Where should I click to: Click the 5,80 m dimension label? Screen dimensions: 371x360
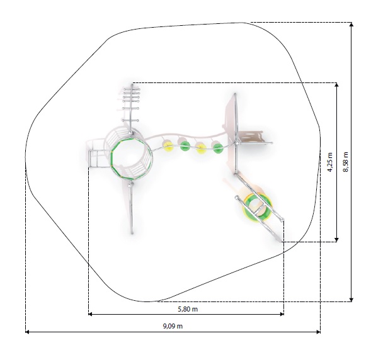pyautogui.click(x=188, y=309)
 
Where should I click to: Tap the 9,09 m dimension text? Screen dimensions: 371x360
pyautogui.click(x=173, y=326)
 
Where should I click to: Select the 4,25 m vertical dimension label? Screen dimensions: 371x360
pyautogui.click(x=330, y=162)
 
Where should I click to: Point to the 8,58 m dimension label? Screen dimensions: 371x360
pyautogui.click(x=345, y=162)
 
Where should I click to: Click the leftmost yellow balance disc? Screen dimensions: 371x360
pyautogui.click(x=168, y=145)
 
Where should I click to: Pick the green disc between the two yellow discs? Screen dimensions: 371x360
pyautogui.click(x=185, y=145)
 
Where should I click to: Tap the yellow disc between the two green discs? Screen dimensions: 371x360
pyautogui.click(x=201, y=148)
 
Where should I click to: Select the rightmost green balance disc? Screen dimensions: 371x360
pyautogui.click(x=217, y=147)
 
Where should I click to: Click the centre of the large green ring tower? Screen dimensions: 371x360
pyautogui.click(x=130, y=158)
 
